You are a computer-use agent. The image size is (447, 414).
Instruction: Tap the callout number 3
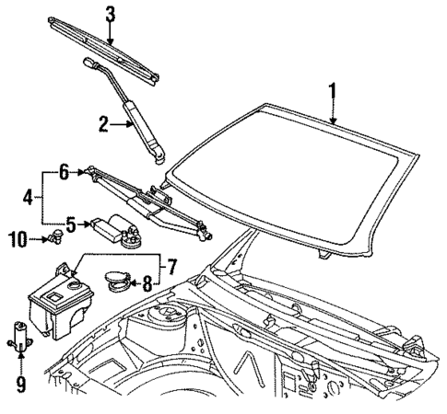[110, 14]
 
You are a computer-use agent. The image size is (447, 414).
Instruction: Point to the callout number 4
[28, 195]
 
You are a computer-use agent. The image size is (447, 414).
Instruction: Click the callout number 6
[64, 169]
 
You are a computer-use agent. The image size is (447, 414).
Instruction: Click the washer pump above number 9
[18, 336]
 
